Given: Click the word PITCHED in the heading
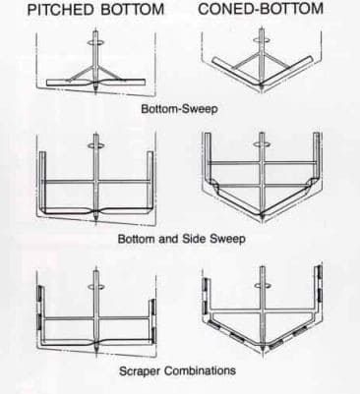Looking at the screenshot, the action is coord(61,10).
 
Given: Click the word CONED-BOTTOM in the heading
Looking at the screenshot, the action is coord(261,9).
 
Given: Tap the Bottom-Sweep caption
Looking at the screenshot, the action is coord(179,108).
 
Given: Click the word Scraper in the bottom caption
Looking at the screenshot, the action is coord(140,371).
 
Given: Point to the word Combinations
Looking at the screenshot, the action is coord(200,370).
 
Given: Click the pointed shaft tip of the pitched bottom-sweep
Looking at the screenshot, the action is coord(95,91).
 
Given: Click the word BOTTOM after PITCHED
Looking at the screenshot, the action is coord(132,10).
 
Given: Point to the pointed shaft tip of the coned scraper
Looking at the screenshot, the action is coord(263,351).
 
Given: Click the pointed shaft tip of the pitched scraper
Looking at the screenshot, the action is coord(96,352).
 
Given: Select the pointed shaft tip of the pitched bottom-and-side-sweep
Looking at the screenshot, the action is coord(95,220).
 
